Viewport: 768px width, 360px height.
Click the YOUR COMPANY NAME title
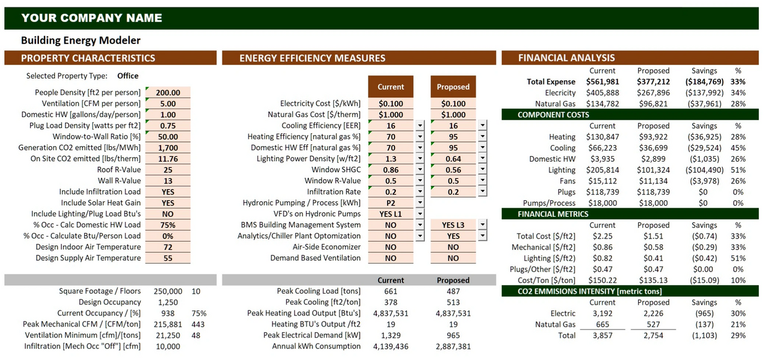(92, 18)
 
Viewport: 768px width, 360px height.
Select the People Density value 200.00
(168, 92)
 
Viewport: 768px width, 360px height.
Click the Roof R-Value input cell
(168, 170)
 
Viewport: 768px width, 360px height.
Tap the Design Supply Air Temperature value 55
(168, 258)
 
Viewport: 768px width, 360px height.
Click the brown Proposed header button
(453, 87)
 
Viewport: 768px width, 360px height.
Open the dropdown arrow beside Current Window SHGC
(420, 170)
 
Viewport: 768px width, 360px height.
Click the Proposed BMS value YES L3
(453, 225)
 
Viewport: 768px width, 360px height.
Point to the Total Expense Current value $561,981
(602, 81)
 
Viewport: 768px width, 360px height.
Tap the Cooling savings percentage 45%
(738, 148)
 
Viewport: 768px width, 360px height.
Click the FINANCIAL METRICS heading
(553, 214)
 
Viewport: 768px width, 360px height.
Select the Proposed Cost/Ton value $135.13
(653, 280)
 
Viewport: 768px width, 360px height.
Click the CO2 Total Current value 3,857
(602, 335)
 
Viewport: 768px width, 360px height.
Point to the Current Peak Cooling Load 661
(390, 291)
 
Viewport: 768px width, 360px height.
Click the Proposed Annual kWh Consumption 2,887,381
(453, 346)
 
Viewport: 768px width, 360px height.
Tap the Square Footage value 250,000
(167, 291)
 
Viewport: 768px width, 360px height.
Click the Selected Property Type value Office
(128, 76)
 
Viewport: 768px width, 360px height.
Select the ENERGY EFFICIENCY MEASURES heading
(312, 58)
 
